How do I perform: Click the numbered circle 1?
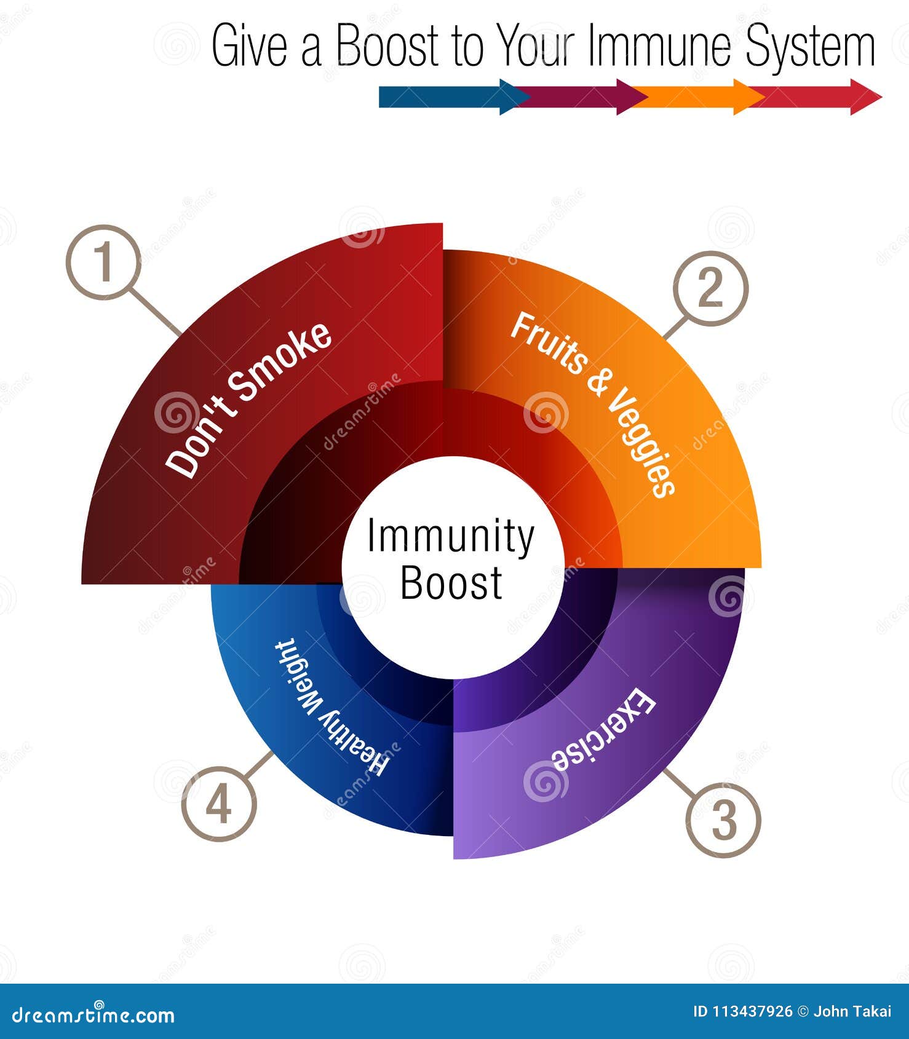(104, 263)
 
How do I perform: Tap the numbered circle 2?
(710, 288)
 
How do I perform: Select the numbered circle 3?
(723, 820)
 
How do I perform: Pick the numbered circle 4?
(219, 804)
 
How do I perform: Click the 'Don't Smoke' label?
(249, 400)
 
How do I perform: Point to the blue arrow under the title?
(449, 97)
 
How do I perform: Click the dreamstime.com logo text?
(93, 1015)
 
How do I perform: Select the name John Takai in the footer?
(852, 1012)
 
